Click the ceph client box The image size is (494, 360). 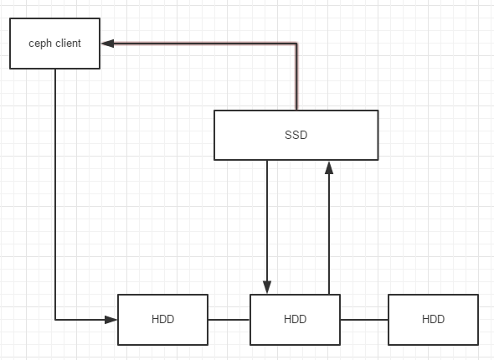click(54, 44)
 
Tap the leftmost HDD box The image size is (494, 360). click(162, 319)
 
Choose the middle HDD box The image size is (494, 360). click(295, 319)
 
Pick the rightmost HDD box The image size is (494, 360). click(433, 319)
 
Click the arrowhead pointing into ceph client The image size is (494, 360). click(107, 44)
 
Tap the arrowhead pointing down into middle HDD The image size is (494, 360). click(267, 287)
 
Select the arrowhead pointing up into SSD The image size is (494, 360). click(329, 167)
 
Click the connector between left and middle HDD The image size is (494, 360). click(229, 319)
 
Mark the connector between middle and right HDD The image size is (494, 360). click(363, 319)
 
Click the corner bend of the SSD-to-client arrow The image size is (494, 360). click(297, 44)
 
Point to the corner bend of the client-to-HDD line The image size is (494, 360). click(55, 319)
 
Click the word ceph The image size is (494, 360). click(40, 44)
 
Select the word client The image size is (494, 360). click(67, 44)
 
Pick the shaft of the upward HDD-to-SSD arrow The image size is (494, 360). click(329, 234)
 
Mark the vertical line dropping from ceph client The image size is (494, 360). click(55, 193)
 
